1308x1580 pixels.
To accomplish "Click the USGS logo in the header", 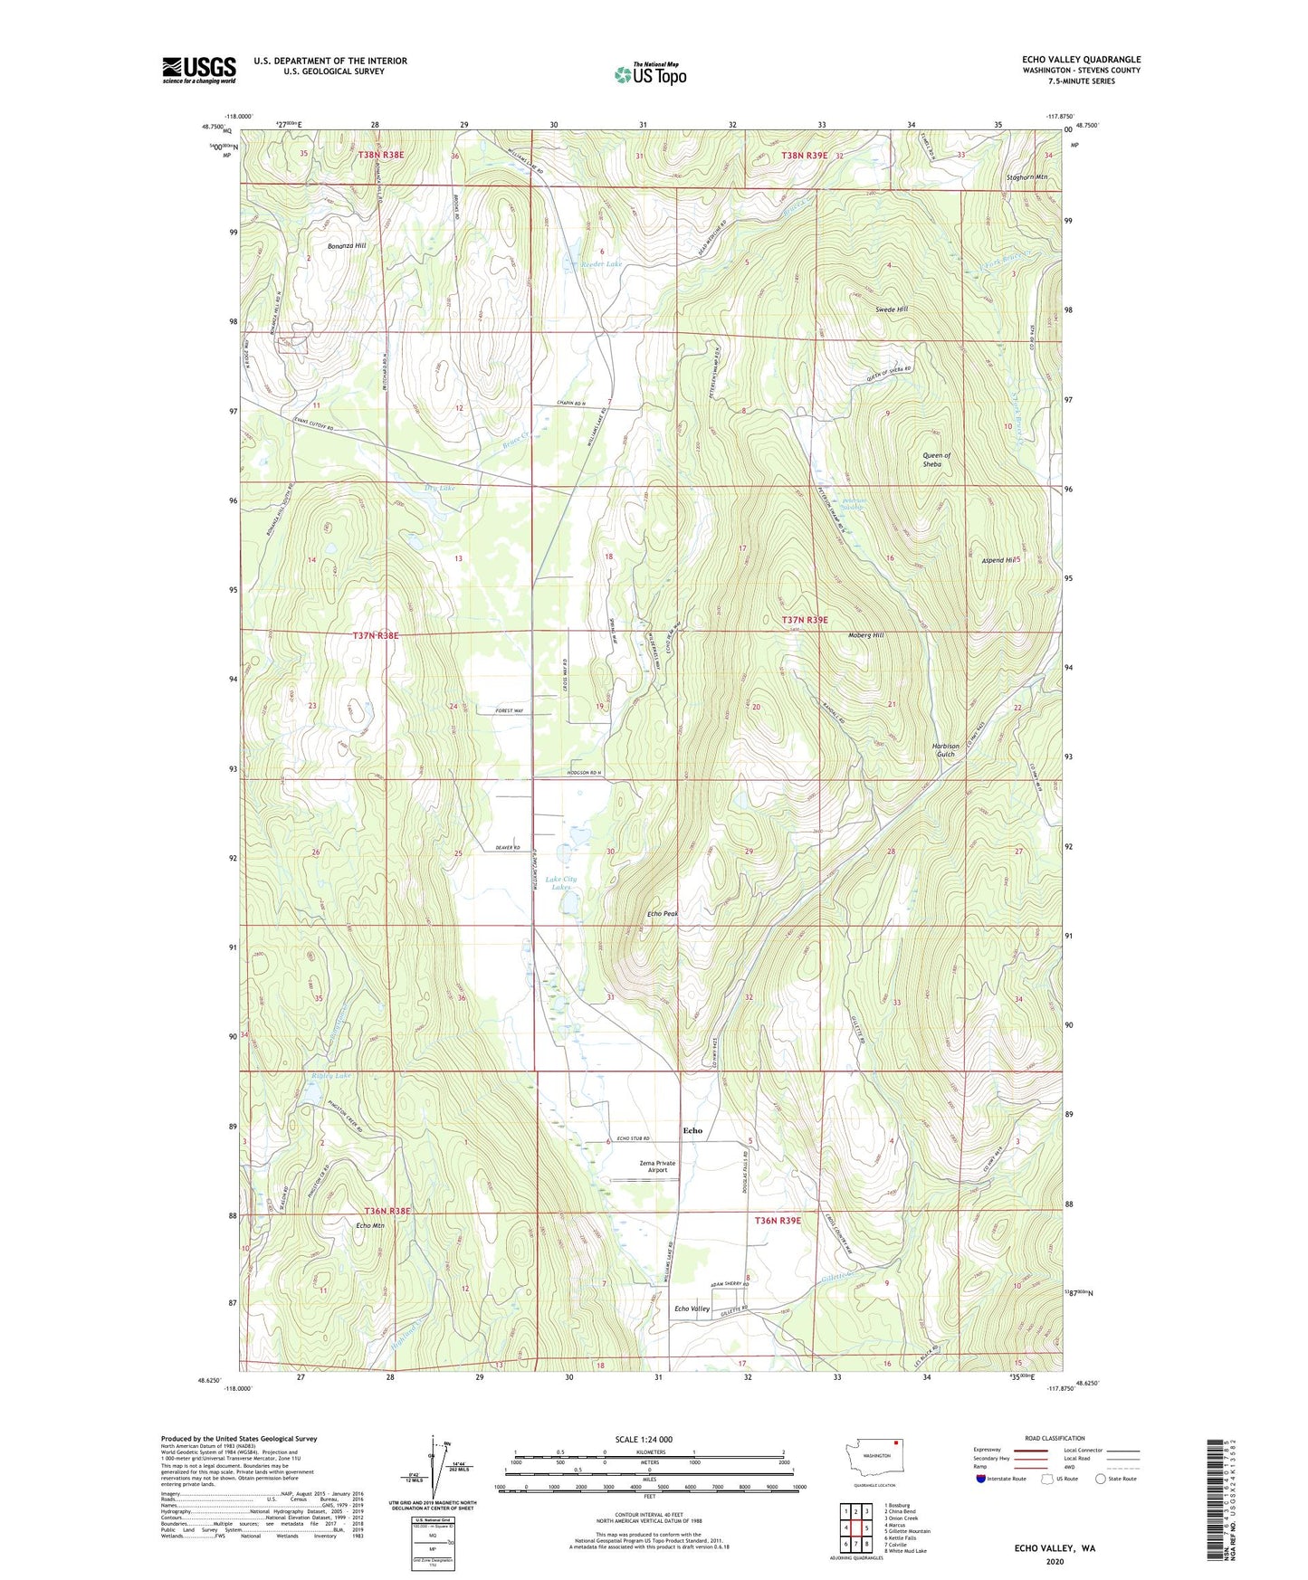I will tap(198, 70).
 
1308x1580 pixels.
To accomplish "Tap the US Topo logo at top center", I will tap(650, 74).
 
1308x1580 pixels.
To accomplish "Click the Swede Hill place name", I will tap(891, 309).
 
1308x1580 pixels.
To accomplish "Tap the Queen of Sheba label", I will tap(935, 460).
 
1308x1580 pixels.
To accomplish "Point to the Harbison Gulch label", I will tap(945, 750).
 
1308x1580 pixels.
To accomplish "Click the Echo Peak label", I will tap(663, 914).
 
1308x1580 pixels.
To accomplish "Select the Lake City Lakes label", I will tap(560, 883).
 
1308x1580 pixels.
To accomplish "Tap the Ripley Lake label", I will tap(330, 1076).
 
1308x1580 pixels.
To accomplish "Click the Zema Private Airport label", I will tap(657, 1166).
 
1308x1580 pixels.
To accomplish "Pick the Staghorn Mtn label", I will tap(1026, 177).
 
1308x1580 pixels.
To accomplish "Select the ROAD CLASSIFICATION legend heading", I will tap(1055, 1438).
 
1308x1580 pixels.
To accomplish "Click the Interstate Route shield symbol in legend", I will tap(981, 1480).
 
